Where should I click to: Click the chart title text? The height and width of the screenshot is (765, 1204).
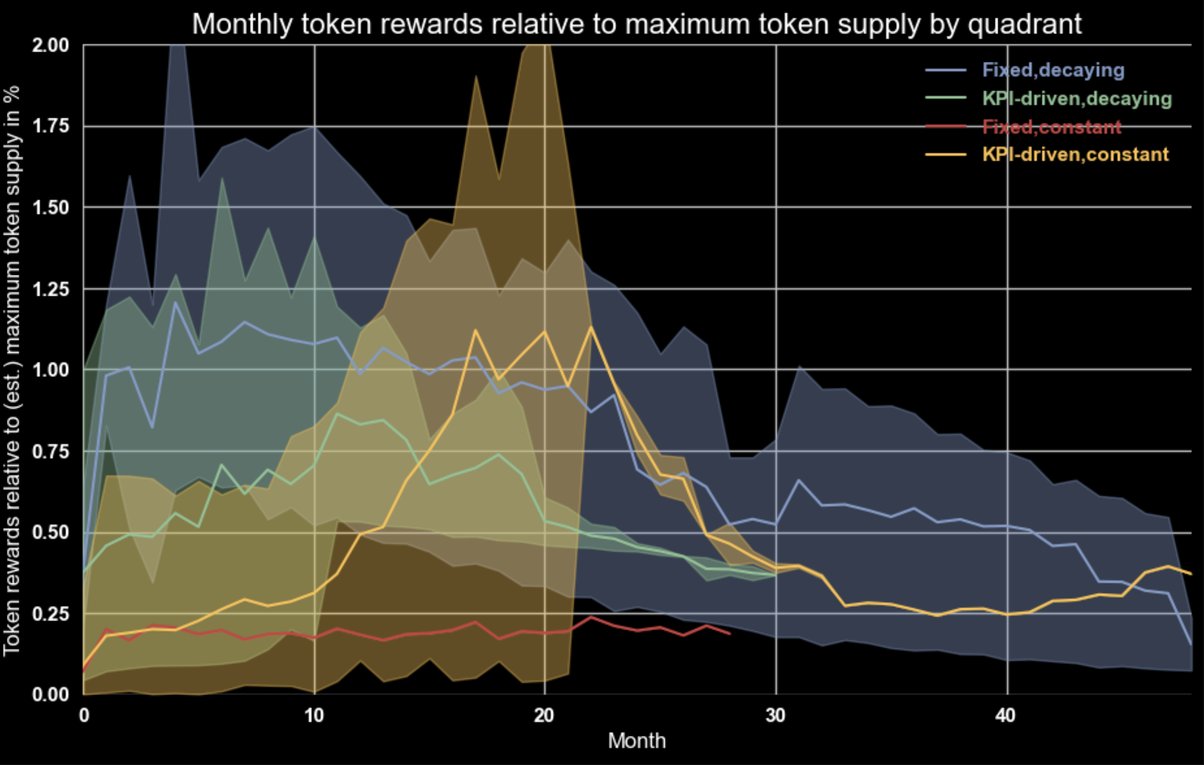(x=637, y=24)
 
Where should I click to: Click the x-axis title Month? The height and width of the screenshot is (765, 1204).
(x=637, y=741)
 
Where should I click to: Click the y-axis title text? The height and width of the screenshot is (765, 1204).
(x=12, y=370)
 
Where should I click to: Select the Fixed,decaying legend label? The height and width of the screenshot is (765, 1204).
(x=1053, y=70)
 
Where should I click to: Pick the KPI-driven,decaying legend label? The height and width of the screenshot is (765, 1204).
(x=1076, y=98)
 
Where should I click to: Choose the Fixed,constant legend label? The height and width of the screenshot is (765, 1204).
(x=1052, y=127)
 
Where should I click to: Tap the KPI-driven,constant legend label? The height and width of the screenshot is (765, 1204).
(x=1075, y=155)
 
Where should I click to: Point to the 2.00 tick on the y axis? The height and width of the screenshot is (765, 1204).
(x=51, y=46)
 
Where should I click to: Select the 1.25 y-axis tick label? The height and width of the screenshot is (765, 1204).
(x=51, y=289)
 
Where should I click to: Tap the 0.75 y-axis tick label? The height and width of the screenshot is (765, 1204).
(x=51, y=451)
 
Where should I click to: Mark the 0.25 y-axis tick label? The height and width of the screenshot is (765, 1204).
(x=51, y=614)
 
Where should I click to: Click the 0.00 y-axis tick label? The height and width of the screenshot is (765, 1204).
(x=51, y=695)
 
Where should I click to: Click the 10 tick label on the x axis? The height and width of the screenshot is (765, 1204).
(x=314, y=715)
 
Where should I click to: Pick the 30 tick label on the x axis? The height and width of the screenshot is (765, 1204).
(x=776, y=715)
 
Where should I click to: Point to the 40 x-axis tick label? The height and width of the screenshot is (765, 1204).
(x=1006, y=715)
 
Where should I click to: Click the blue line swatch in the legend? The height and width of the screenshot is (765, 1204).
(x=946, y=70)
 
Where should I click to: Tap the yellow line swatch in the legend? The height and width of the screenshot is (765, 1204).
(x=946, y=155)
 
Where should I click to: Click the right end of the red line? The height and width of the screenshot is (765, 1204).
(x=730, y=633)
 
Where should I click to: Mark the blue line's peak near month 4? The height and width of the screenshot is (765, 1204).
(x=175, y=302)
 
